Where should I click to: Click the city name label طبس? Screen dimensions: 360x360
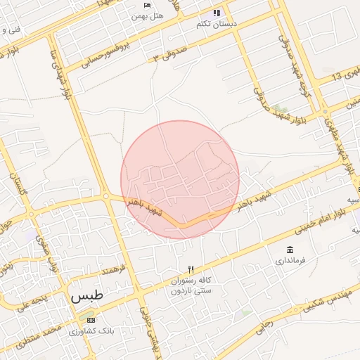86,296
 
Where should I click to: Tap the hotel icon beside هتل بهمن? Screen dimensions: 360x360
127,5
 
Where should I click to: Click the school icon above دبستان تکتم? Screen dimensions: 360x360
217,13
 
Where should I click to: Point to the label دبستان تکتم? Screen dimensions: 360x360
216,23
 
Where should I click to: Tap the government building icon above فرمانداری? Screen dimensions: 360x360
290,250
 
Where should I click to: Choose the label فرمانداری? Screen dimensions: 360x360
290,261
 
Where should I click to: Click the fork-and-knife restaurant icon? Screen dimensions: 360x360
190,269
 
